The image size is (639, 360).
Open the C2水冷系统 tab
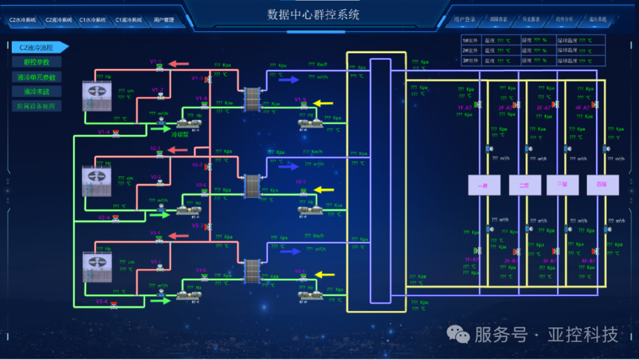pos(22,20)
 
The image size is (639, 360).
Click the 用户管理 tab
pos(164,20)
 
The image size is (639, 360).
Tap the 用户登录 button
pos(464,20)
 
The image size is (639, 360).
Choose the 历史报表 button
pos(531,20)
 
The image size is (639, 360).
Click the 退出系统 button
pos(598,20)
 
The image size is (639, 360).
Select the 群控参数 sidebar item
pos(37,62)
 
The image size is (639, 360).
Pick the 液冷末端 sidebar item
pos(37,92)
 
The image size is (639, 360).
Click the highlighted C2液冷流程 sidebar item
pos(37,47)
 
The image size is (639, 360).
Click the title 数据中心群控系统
pos(313,14)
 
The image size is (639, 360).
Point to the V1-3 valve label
pos(197,78)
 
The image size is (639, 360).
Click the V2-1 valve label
pos(156,148)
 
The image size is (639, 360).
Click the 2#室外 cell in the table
pos(472,50)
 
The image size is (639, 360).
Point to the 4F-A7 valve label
pos(582,108)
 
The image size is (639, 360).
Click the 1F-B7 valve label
pos(472,260)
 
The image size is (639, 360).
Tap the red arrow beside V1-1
pos(178,63)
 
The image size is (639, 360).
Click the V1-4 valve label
pos(104,132)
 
